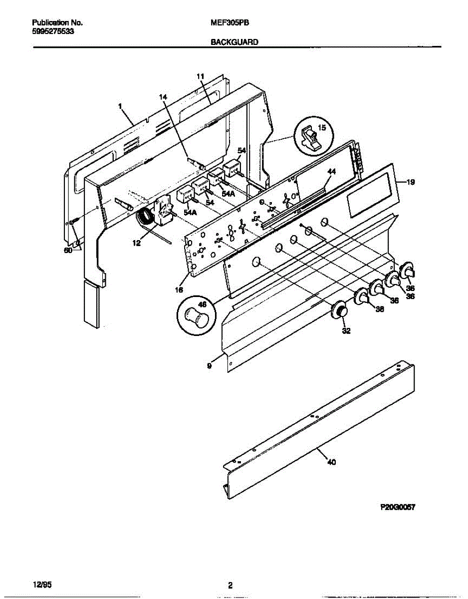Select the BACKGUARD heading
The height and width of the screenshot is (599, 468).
tap(234, 43)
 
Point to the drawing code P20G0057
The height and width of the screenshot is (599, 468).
tap(398, 507)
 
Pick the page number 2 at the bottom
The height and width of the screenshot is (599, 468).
tap(230, 586)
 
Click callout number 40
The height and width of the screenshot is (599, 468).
tap(331, 462)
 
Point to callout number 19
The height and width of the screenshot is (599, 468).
tap(410, 183)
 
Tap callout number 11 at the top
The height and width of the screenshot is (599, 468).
tap(200, 76)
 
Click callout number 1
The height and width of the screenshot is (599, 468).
tap(120, 106)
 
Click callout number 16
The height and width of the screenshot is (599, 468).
tap(179, 290)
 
